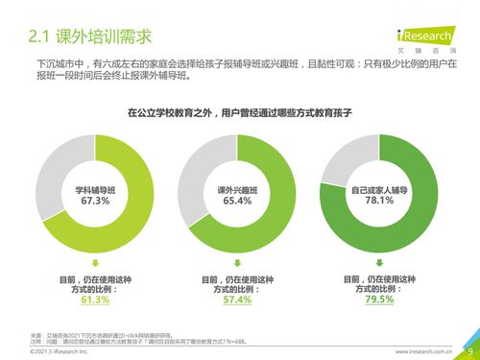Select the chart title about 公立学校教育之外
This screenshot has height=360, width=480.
tap(240, 112)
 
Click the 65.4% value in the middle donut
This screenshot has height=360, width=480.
tap(237, 201)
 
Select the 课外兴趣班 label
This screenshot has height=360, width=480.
tap(237, 189)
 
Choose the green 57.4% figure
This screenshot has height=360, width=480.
tap(237, 300)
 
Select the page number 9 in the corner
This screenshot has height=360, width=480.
tap(470, 351)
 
